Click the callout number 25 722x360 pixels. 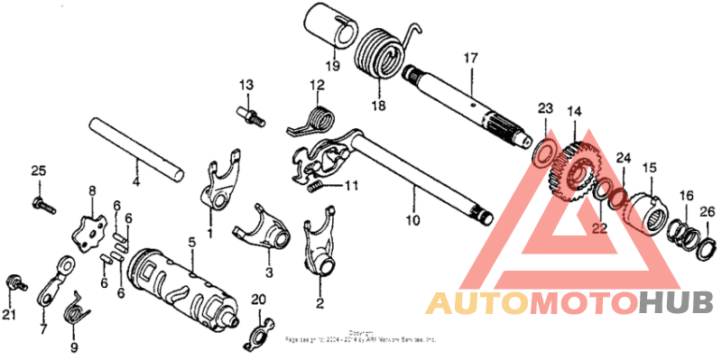(x=38, y=171)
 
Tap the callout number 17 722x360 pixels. (x=469, y=59)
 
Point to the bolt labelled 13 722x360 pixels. (x=250, y=114)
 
